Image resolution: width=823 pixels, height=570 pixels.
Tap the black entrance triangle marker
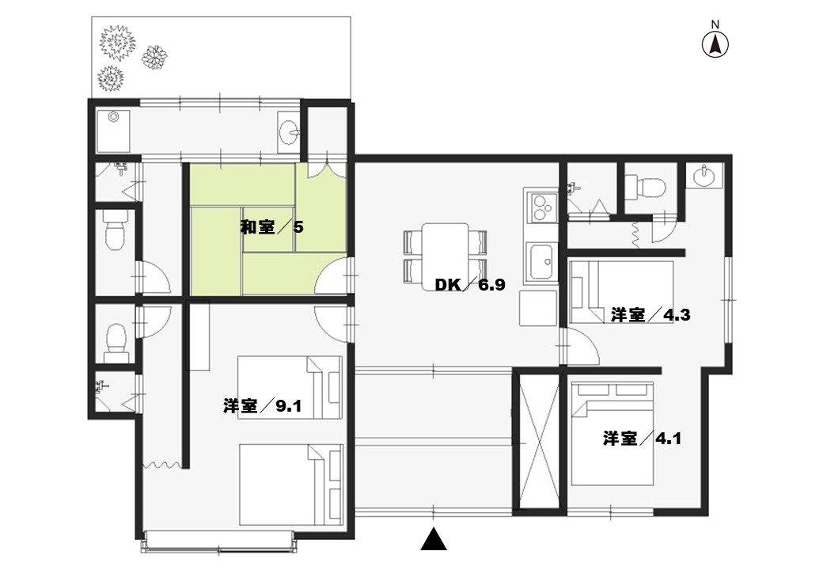coord(434,539)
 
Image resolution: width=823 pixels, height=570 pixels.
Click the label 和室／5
coord(272,227)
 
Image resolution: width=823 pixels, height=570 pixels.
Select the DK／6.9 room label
coord(470,285)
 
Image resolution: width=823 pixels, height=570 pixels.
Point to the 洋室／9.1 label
coord(263,405)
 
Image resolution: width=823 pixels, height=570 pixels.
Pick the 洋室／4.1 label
coord(642,439)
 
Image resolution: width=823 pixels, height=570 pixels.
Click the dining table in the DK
coord(446,256)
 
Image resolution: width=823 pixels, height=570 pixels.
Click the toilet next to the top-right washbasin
coord(645,186)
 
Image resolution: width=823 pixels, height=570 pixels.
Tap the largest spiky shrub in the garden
coord(119,41)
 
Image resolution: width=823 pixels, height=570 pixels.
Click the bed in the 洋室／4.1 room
coord(612,434)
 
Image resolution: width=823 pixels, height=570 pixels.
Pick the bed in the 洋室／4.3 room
coord(621,292)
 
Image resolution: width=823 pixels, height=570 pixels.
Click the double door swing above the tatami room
coord(327,169)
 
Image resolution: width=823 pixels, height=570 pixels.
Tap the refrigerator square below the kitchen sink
coord(538,308)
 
